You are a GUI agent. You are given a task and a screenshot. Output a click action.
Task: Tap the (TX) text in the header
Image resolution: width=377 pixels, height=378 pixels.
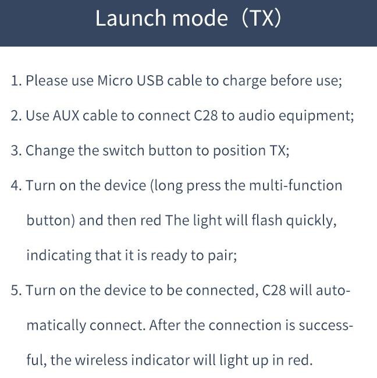261,19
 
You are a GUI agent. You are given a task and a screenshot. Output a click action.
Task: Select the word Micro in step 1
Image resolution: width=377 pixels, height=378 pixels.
115,80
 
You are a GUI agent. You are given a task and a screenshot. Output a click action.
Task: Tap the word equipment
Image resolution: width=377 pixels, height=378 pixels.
322,116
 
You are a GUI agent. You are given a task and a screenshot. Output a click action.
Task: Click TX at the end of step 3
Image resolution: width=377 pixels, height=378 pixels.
278,150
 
